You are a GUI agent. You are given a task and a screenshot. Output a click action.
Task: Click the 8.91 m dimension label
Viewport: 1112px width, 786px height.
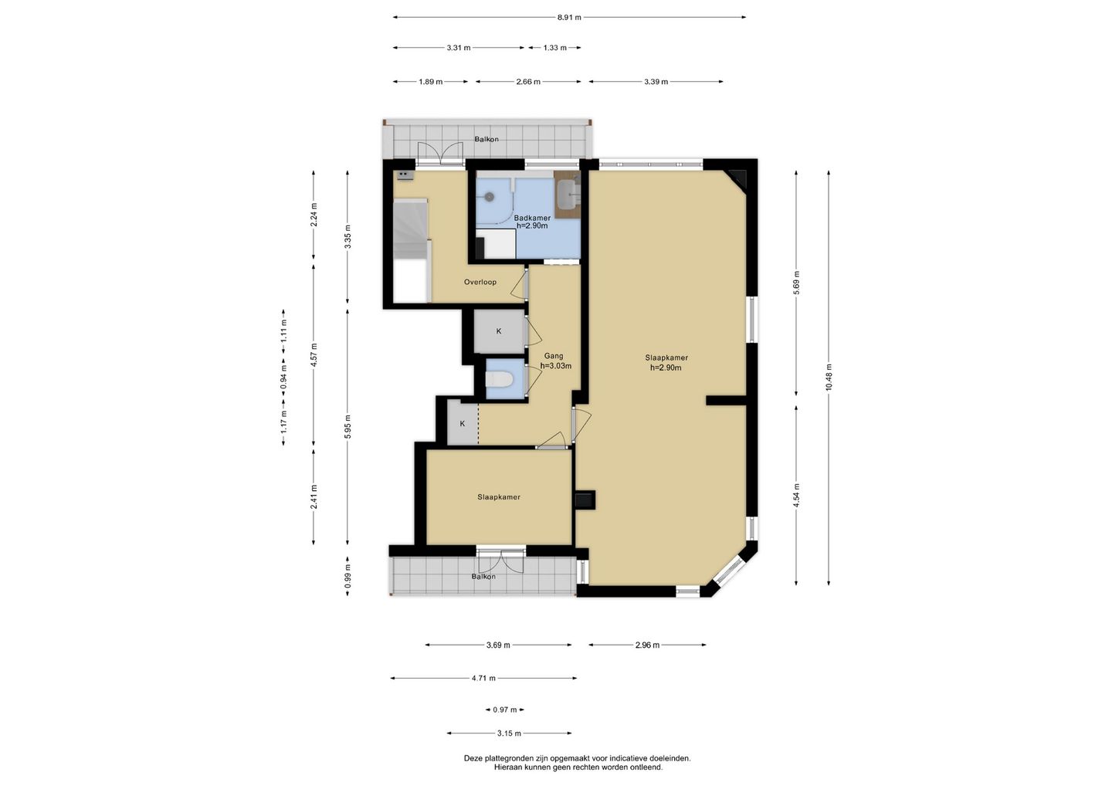569,17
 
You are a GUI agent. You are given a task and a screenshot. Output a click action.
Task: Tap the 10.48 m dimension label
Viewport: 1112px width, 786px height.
829,378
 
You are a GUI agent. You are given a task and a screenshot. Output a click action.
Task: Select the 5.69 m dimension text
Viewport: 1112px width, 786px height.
796,283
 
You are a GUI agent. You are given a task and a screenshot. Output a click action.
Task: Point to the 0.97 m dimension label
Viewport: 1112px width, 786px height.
505,710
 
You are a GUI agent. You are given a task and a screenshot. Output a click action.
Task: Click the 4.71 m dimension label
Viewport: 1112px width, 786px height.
483,679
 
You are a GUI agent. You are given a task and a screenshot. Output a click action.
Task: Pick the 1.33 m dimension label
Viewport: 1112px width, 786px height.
554,48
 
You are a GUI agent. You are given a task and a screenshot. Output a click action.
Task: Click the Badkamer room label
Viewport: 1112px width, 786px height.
532,218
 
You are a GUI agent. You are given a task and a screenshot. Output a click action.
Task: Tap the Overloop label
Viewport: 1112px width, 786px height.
480,282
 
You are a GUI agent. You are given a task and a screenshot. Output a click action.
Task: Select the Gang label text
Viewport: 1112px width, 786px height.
554,356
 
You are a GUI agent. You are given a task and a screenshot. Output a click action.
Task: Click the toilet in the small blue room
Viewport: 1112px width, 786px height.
498,380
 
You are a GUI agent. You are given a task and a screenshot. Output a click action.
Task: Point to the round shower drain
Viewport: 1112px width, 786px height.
490,196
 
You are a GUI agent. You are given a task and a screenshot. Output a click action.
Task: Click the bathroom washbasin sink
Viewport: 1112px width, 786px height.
568,194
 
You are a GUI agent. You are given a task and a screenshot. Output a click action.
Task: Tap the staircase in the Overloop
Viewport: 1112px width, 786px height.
411,229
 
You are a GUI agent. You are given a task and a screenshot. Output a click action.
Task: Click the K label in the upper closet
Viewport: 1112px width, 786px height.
499,331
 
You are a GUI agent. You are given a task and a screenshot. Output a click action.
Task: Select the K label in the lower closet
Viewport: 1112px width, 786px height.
462,424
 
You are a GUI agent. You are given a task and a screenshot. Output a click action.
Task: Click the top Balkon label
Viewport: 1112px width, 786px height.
486,140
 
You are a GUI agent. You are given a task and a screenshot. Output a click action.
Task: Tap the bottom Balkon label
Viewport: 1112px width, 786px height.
483,577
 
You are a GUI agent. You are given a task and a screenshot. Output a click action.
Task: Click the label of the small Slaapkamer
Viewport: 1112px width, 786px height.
499,496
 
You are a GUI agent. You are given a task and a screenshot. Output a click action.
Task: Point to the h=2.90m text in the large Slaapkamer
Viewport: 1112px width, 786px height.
666,368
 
